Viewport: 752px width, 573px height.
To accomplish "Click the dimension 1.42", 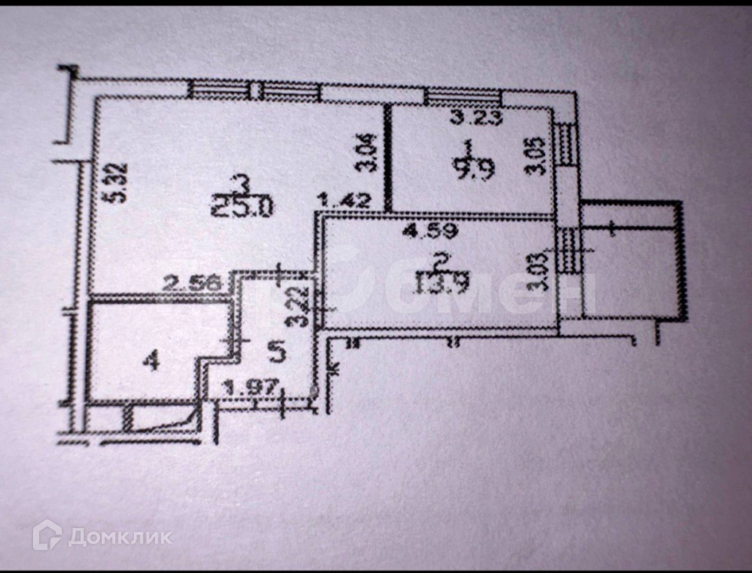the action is tap(336, 201).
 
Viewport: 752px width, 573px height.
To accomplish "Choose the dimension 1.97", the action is tap(242, 388).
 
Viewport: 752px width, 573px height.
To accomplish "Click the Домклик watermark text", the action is tap(120, 536).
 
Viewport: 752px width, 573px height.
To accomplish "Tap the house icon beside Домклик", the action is tap(47, 535).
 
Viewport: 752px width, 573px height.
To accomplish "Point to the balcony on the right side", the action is tap(631, 261).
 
